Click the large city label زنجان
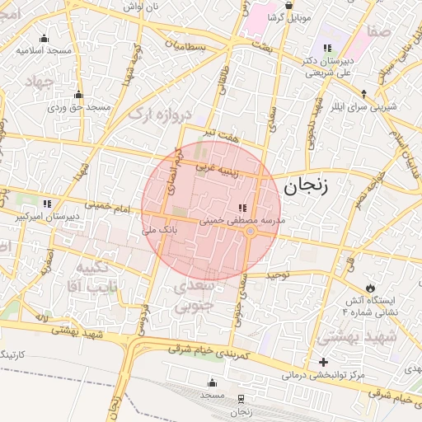[x=306, y=186]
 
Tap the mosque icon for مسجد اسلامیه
[x=44, y=38]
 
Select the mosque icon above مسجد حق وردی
[x=78, y=95]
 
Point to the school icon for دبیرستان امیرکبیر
[x=47, y=203]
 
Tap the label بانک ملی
[x=162, y=232]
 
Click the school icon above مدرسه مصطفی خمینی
[x=241, y=209]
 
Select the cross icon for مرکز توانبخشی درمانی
[x=323, y=362]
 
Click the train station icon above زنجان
[x=240, y=397]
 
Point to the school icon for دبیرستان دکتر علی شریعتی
[x=327, y=48]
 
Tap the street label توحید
[x=274, y=276]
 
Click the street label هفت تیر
[x=224, y=132]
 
